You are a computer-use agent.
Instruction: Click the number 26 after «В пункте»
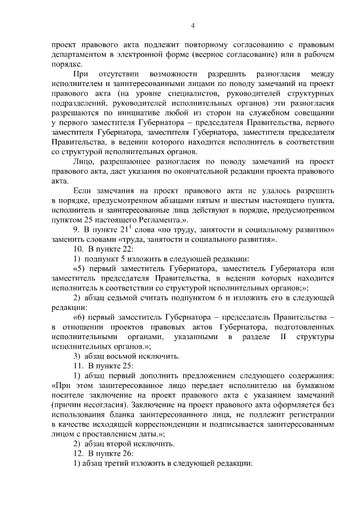[x=128, y=453]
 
